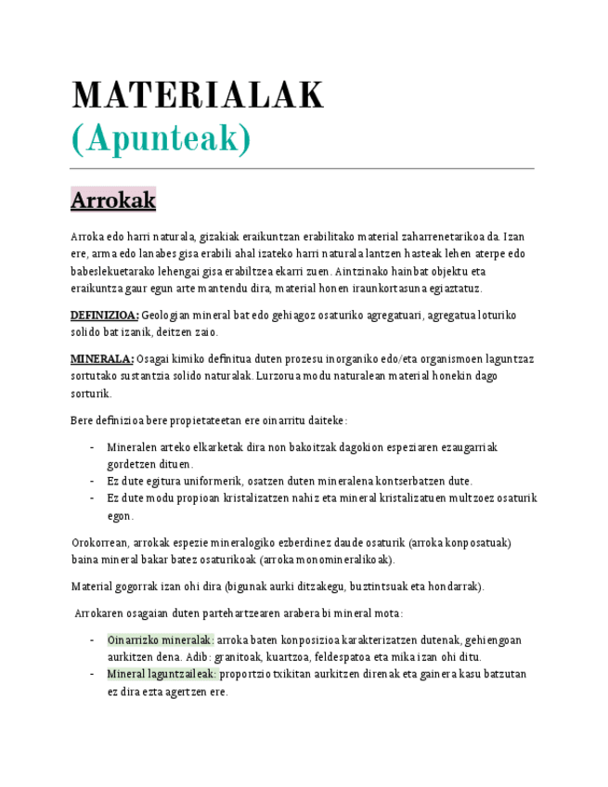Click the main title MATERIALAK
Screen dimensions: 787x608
pos(198,96)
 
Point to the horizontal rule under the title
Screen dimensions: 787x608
pos(303,169)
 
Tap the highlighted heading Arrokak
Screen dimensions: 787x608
pos(113,200)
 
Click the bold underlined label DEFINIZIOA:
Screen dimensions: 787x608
pos(105,316)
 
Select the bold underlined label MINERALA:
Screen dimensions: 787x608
pos(102,359)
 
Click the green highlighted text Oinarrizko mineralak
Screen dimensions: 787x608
pos(161,640)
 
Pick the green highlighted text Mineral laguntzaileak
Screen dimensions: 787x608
pos(162,674)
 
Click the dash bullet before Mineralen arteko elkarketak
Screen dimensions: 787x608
pos(92,447)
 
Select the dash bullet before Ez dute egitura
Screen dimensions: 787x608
pos(92,481)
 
